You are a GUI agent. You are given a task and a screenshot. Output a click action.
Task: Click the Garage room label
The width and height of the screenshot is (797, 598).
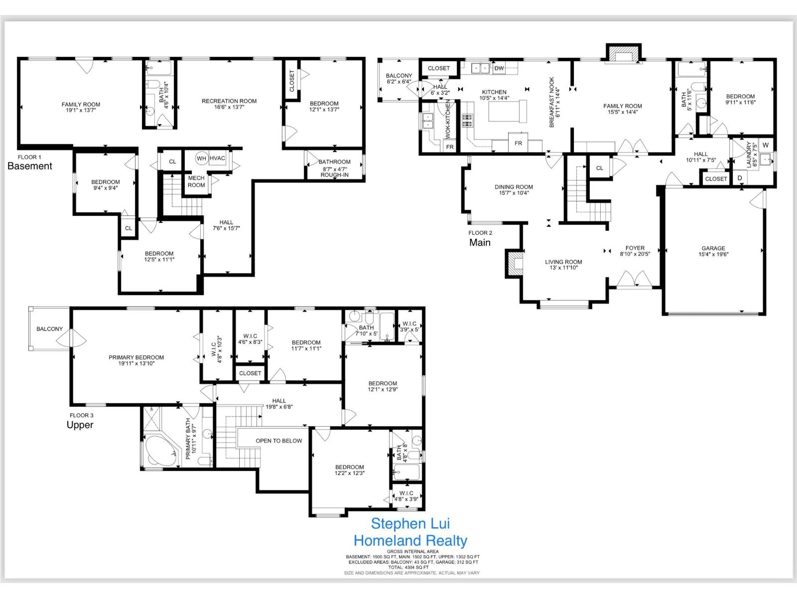coord(713,251)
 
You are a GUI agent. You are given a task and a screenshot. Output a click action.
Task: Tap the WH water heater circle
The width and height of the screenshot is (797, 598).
coord(201,158)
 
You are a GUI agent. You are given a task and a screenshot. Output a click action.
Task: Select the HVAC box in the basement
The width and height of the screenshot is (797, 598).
coord(217,158)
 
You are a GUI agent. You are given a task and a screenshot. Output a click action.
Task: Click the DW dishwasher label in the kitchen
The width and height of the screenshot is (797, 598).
coord(499,68)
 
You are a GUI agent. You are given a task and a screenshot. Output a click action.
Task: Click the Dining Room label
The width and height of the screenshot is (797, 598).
coord(514,190)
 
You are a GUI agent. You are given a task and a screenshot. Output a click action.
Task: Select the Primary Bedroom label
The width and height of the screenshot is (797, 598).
coord(136,360)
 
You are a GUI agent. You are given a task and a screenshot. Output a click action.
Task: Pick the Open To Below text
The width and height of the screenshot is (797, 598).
coord(278,441)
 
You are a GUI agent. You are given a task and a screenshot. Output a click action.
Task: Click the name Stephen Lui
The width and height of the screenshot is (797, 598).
coord(410,523)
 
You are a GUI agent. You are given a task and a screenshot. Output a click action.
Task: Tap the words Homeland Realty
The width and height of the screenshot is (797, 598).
coord(410,541)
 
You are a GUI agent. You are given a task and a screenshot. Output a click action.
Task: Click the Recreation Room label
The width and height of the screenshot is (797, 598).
coord(229,104)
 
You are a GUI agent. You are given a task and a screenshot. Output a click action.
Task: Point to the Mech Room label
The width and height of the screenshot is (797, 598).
coord(196,181)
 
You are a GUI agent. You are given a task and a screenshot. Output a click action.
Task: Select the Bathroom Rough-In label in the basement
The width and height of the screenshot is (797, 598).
coord(334,168)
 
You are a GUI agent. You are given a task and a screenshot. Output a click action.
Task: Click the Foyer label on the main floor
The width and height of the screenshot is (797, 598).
coord(635,251)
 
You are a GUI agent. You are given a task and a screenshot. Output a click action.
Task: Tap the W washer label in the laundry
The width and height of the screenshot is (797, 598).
coord(766,145)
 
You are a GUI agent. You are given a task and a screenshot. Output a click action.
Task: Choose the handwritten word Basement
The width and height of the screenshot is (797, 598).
coord(30,166)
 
